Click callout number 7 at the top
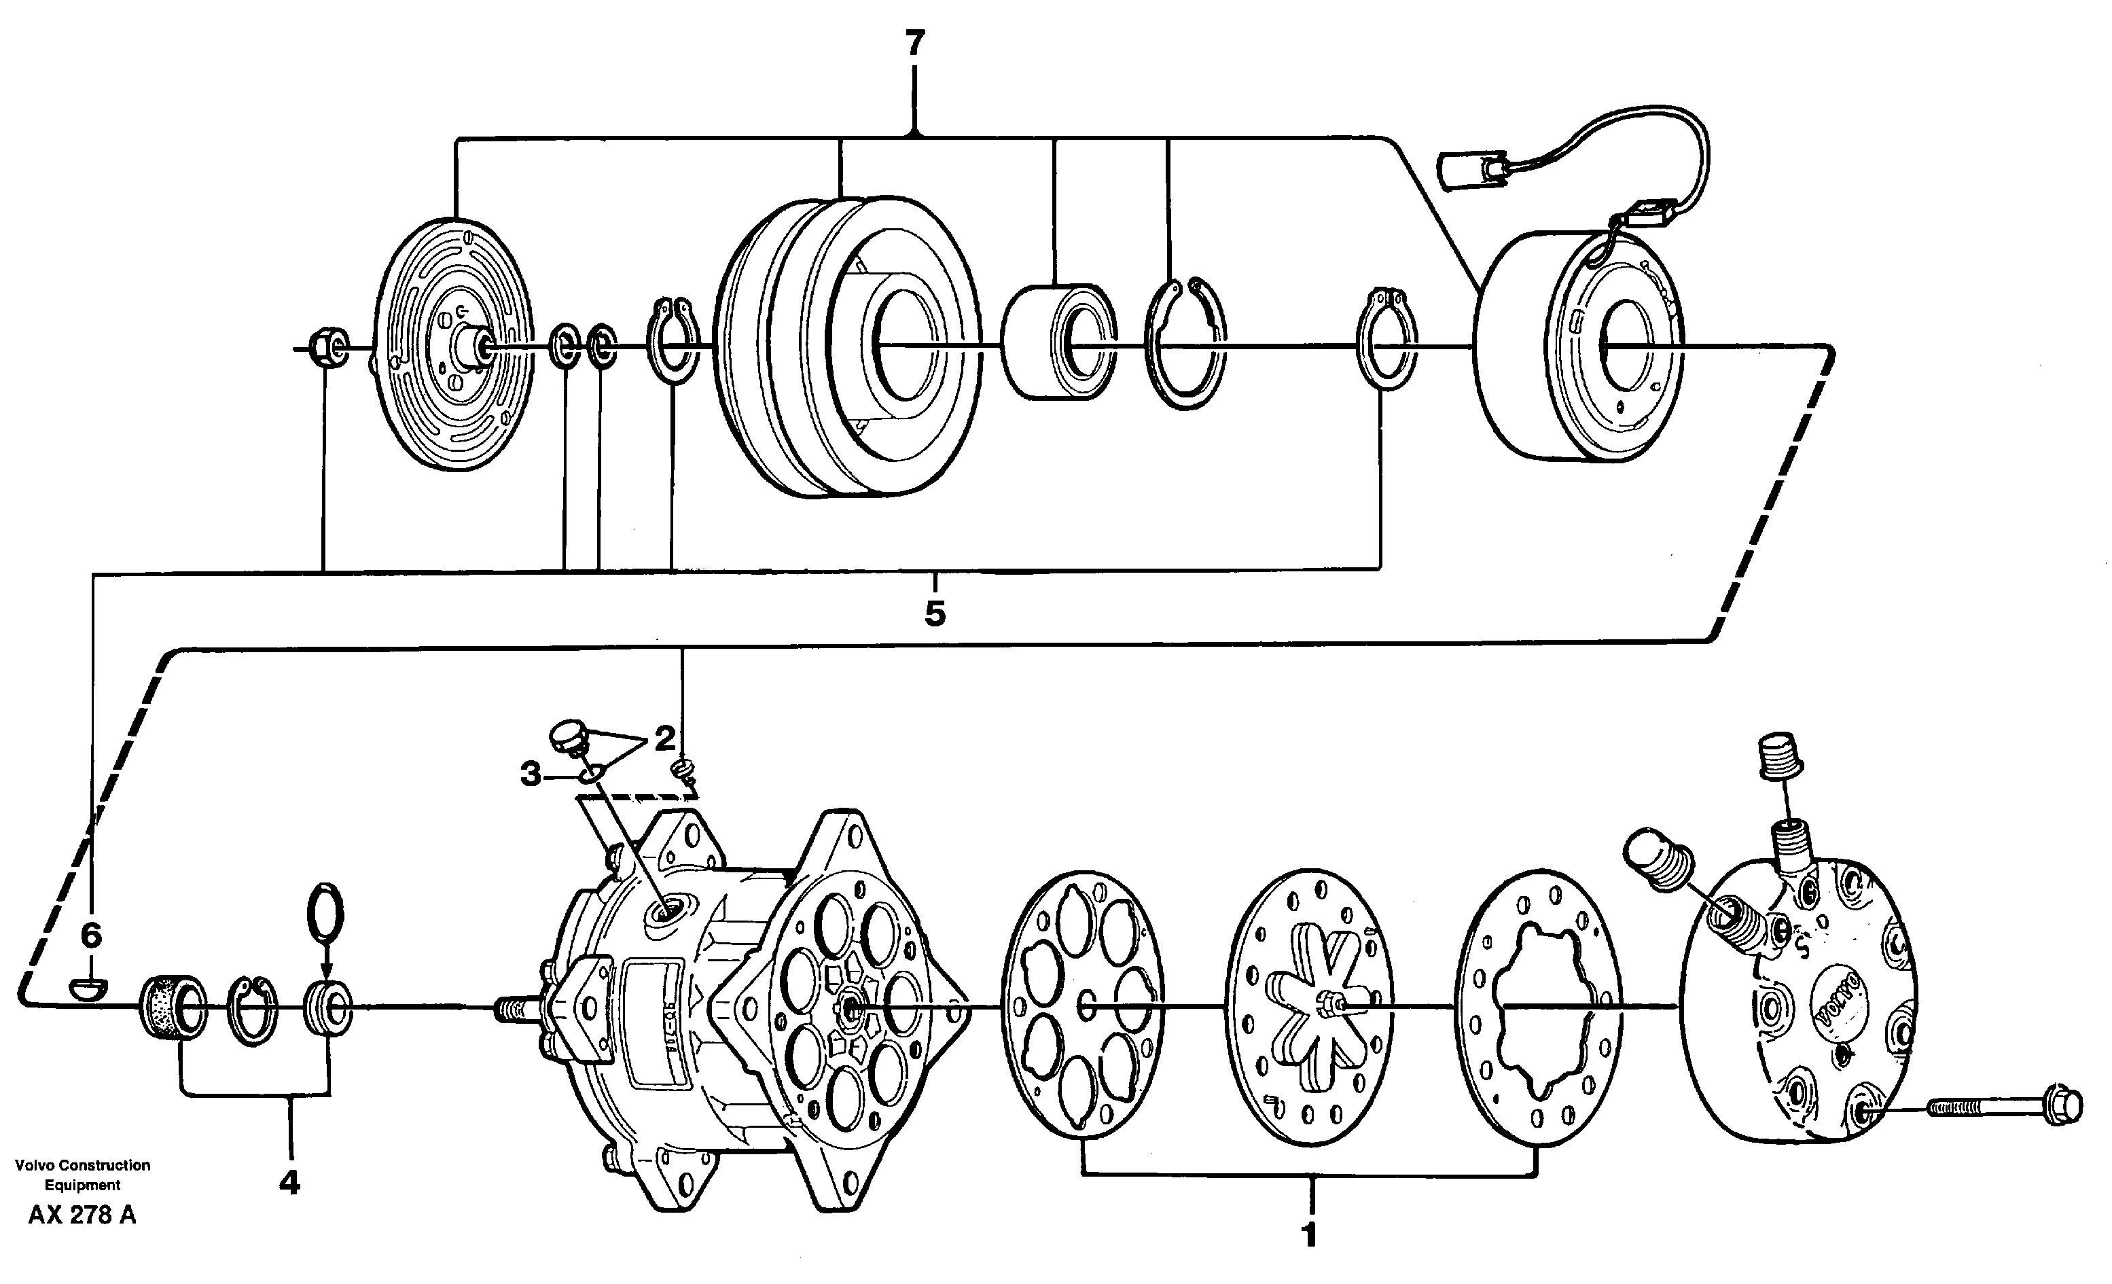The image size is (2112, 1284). click(916, 42)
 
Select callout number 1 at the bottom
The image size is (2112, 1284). click(1309, 1235)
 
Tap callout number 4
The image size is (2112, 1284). click(289, 1183)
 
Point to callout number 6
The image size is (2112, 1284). click(91, 935)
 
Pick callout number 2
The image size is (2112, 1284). click(664, 738)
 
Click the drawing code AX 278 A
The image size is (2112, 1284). click(82, 1215)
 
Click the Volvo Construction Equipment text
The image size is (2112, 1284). click(82, 1175)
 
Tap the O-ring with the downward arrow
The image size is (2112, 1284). click(325, 914)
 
